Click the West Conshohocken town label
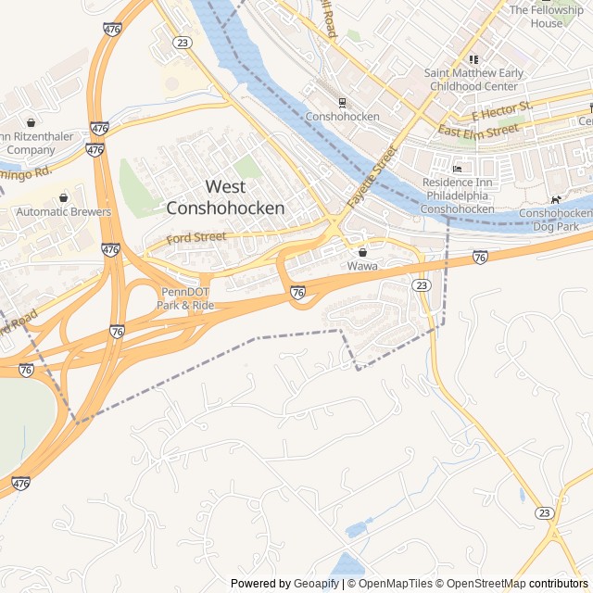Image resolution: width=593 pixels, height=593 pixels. [x=225, y=197]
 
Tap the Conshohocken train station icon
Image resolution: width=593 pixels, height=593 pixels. [x=342, y=102]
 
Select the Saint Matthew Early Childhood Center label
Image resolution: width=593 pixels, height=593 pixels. [x=473, y=79]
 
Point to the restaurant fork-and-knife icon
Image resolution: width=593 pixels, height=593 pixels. [x=473, y=59]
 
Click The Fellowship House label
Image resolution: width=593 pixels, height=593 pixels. [x=547, y=16]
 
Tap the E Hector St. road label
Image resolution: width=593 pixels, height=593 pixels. [x=502, y=111]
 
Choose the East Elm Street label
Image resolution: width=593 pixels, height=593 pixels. [x=478, y=131]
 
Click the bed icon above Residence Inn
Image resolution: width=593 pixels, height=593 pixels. [x=457, y=170]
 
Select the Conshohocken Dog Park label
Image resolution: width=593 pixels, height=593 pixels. [x=555, y=219]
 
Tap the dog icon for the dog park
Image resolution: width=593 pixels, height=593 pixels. [x=555, y=199]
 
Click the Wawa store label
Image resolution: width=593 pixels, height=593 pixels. [x=362, y=266]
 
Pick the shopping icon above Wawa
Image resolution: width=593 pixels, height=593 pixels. [x=362, y=252]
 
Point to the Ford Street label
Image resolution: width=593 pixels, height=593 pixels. [x=196, y=238]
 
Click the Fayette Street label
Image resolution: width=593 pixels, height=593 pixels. [x=365, y=175]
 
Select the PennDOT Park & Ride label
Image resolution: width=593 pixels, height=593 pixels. [x=185, y=298]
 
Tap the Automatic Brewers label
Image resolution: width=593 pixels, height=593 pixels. [x=63, y=212]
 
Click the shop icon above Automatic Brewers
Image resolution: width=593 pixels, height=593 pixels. [x=63, y=197]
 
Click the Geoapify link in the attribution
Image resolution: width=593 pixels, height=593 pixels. [x=317, y=584]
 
